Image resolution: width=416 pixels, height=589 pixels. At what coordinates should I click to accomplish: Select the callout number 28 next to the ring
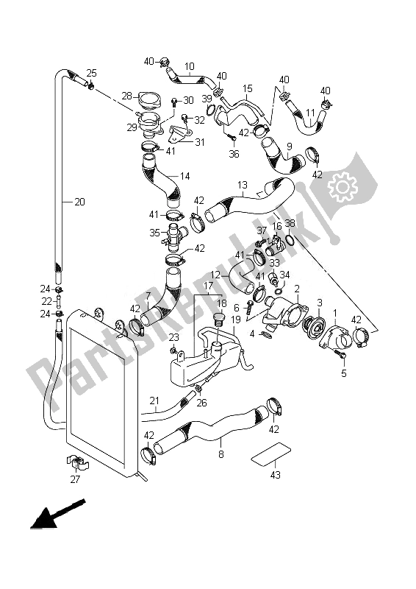tap(126, 96)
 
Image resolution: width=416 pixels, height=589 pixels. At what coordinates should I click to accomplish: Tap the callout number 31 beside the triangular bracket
tap(199, 142)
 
